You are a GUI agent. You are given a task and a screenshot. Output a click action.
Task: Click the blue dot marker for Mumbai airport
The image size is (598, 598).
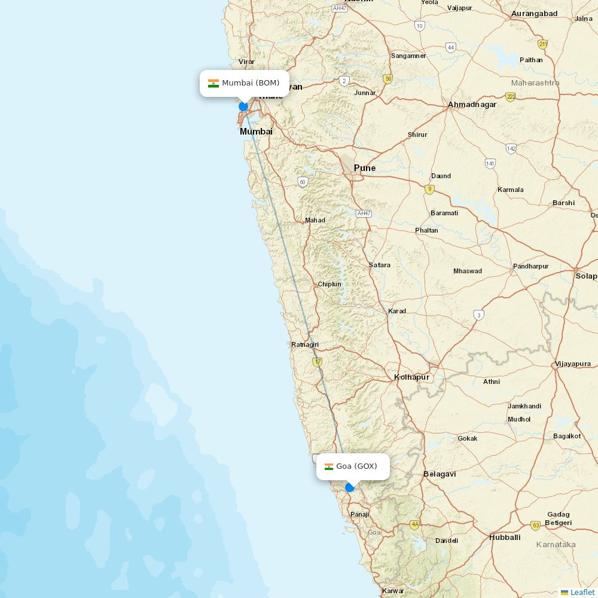(243, 106)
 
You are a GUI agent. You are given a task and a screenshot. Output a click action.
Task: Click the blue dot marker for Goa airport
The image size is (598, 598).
(350, 487)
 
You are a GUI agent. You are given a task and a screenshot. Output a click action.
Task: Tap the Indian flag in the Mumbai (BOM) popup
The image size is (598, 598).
(213, 83)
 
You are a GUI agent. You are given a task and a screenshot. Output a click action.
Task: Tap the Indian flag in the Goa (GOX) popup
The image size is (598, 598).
(329, 466)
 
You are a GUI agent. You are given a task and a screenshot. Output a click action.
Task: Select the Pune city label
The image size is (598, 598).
(365, 168)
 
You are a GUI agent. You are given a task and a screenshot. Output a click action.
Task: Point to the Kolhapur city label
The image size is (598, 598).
(411, 377)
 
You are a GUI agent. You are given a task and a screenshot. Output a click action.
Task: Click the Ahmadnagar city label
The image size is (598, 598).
(472, 105)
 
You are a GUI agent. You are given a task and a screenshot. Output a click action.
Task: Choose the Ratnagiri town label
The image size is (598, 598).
(305, 344)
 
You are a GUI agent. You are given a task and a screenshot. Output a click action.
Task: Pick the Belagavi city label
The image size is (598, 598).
(440, 474)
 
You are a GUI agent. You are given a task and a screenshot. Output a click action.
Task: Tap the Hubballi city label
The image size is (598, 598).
(505, 537)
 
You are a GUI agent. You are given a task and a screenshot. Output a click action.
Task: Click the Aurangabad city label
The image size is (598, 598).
(535, 13)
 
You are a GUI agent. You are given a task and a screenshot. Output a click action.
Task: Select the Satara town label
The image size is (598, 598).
(380, 265)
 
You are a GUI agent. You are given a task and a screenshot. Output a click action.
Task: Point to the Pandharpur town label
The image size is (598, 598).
(530, 266)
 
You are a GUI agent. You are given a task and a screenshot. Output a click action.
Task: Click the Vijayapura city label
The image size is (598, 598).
(573, 364)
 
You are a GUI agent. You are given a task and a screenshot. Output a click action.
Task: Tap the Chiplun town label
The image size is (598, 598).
(329, 284)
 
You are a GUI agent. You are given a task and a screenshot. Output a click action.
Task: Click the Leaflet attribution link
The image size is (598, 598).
(582, 592)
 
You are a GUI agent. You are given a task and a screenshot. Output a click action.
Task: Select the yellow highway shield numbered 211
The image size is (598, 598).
(542, 44)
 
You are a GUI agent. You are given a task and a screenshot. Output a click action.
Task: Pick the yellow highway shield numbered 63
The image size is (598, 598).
(535, 526)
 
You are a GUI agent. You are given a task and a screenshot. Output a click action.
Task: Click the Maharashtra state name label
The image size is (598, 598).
(535, 83)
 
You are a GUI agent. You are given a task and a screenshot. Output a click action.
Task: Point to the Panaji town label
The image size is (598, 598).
(360, 514)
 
